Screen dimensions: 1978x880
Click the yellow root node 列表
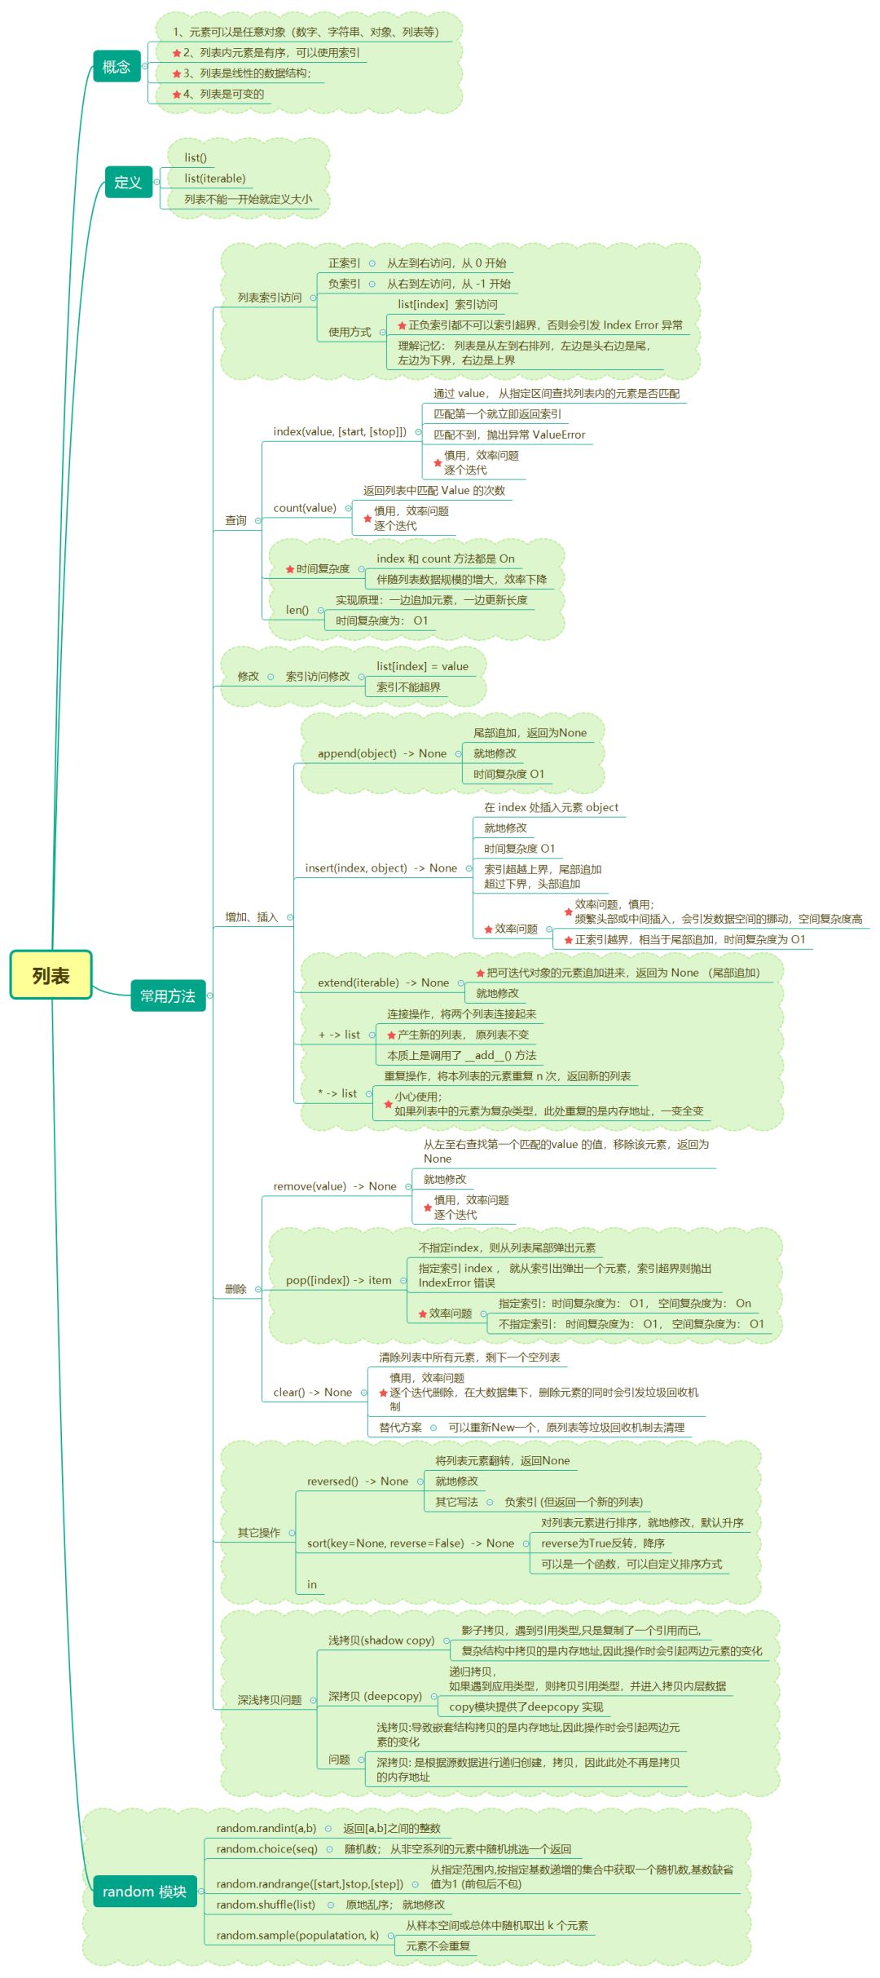tap(51, 975)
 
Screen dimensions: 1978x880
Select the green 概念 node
tap(117, 66)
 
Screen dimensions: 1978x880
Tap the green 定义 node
tap(128, 182)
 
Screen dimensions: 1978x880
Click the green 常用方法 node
tap(168, 996)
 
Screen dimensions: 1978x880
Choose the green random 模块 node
tap(144, 1891)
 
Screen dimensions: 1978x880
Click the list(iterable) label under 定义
tap(214, 179)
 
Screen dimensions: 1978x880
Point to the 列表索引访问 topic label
tap(269, 298)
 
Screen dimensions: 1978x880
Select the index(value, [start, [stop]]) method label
tap(339, 431)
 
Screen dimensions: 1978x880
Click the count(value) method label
tap(305, 508)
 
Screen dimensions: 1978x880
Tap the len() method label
tap(297, 610)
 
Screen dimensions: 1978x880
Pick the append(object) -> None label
tap(381, 753)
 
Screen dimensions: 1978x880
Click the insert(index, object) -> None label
tap(381, 868)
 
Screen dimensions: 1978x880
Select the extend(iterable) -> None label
tap(383, 982)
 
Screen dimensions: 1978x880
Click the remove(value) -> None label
tap(334, 1186)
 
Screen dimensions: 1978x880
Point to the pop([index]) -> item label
tap(338, 1280)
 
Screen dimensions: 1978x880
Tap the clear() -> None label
tap(312, 1393)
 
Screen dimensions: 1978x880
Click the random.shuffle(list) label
tap(266, 1905)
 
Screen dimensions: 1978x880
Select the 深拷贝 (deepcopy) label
tap(375, 1696)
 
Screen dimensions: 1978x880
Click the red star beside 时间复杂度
tap(290, 569)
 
